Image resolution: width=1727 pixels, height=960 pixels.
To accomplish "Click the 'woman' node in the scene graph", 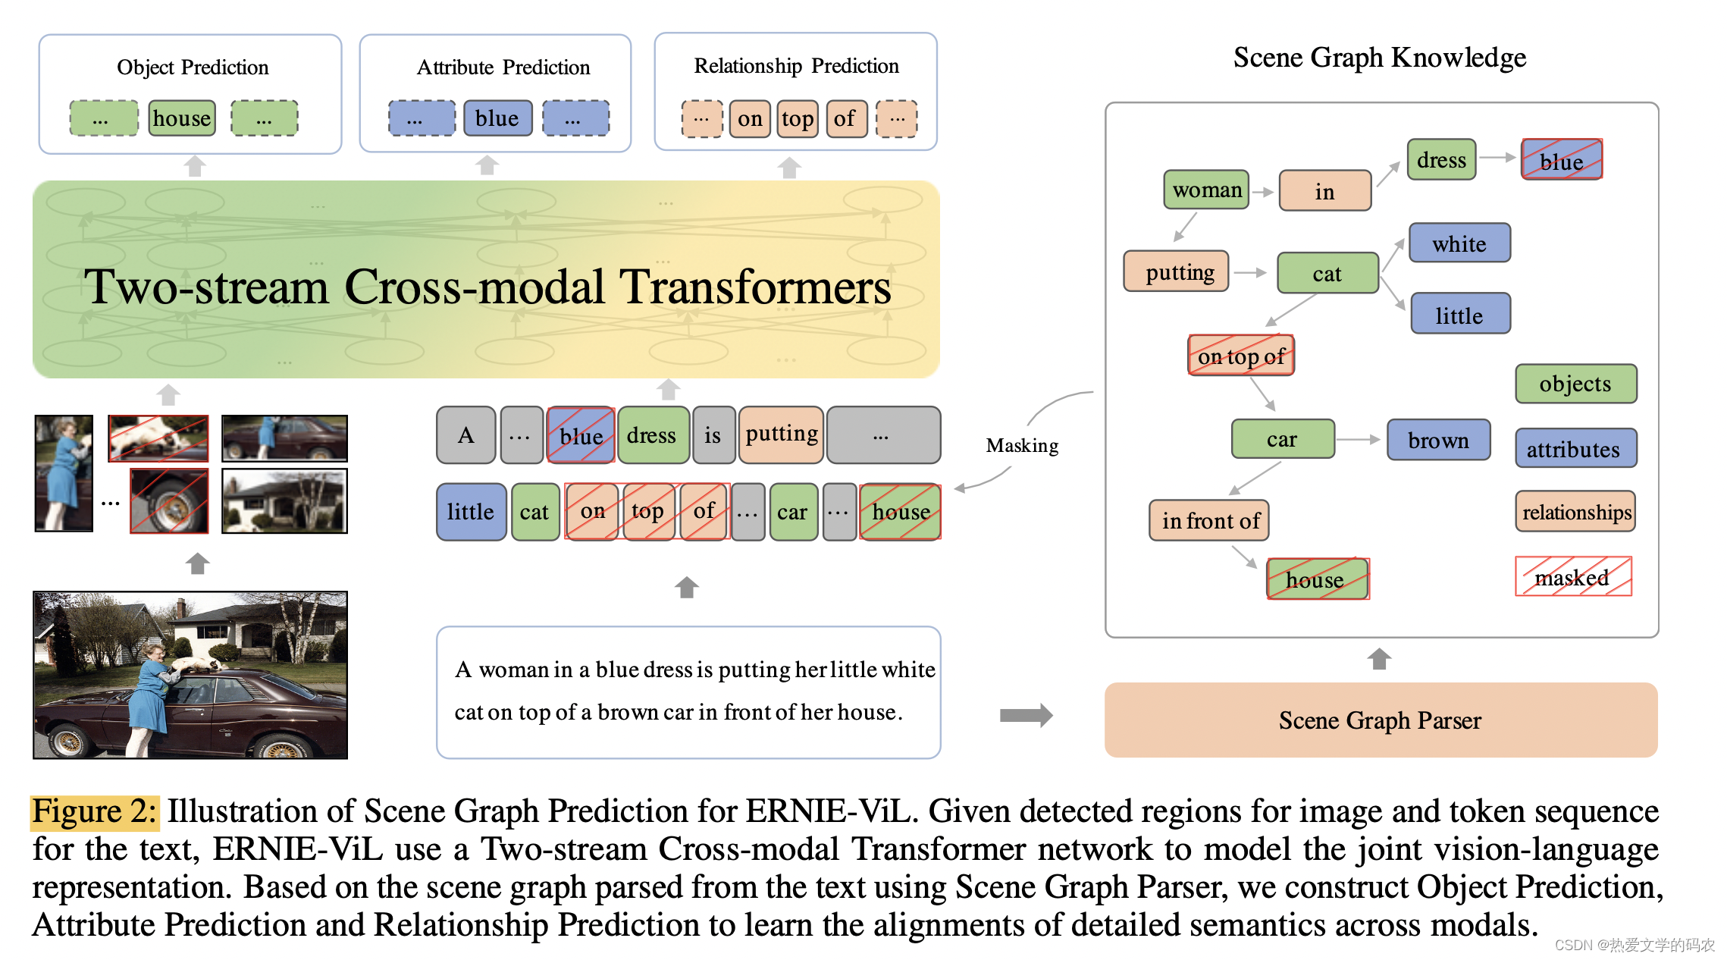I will pos(1206,190).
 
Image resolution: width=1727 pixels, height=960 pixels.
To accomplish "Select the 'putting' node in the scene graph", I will pos(1176,271).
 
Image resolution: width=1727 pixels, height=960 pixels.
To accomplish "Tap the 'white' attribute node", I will pos(1459,243).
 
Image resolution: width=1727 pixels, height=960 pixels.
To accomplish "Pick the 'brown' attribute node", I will pos(1438,440).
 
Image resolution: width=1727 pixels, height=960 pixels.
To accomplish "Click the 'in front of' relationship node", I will pos(1209,520).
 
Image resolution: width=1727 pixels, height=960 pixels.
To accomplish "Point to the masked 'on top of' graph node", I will pos(1241,356).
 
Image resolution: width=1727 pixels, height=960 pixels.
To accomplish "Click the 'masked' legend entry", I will pos(1573,577).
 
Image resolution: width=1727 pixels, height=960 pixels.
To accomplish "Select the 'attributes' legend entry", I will pos(1575,449).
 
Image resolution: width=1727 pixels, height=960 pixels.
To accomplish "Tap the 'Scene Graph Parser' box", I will pos(1381,720).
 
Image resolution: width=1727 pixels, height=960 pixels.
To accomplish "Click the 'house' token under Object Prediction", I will pos(182,118).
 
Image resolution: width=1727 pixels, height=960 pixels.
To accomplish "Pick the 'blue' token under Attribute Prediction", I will pos(497,118).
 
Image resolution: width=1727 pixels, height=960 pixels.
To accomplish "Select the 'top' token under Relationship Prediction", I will pos(798,119).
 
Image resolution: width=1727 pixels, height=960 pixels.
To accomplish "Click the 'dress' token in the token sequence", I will pos(653,435).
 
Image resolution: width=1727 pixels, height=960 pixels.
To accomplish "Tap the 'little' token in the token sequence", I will pos(471,512).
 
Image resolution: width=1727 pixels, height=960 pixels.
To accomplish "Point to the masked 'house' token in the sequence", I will pos(901,512).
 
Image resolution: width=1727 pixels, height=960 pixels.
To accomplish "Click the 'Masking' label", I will pos(1022,445).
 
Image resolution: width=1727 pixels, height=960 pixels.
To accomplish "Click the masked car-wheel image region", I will pos(169,501).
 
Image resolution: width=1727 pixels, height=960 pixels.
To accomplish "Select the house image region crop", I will pos(284,501).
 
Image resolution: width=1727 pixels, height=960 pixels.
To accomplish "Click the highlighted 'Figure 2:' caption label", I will pos(95,811).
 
